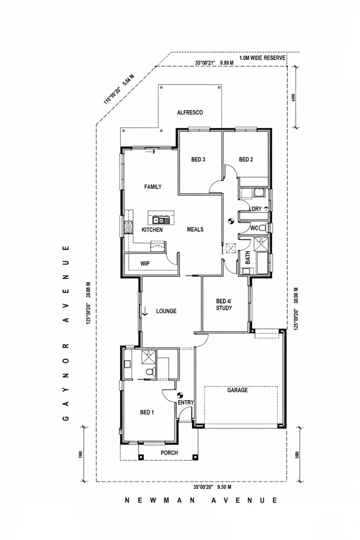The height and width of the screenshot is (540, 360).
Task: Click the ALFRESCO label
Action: point(190,112)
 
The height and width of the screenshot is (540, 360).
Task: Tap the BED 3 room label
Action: point(197,160)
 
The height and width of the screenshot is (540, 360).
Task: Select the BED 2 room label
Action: point(247,160)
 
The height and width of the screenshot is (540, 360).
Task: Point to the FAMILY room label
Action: point(153,187)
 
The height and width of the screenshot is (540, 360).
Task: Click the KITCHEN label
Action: point(152,230)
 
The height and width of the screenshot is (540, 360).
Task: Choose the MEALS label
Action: point(195,229)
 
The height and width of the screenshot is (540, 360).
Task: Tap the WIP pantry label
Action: point(145,264)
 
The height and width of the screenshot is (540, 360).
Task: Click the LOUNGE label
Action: point(166,311)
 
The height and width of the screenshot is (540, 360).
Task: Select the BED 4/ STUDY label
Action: point(223,304)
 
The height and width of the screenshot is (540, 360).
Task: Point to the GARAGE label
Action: point(237,391)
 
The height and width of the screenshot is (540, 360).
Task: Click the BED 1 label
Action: point(147,412)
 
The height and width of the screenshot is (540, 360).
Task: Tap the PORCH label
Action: point(169,453)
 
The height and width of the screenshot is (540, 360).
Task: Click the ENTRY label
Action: point(186,403)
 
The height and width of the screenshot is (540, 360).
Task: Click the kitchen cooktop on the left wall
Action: point(128,227)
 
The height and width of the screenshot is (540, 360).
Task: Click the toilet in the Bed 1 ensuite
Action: point(151,373)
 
